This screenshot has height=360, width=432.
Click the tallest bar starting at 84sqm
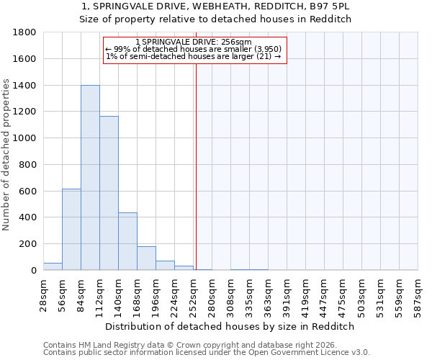pyautogui.click(x=90, y=178)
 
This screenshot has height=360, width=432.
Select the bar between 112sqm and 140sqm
pyautogui.click(x=109, y=193)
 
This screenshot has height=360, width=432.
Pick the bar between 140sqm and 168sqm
pyautogui.click(x=127, y=241)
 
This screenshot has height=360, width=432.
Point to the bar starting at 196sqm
pyautogui.click(x=165, y=265)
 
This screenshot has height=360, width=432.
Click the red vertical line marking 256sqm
pyautogui.click(x=196, y=180)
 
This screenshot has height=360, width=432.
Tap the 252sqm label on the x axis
pyautogui.click(x=193, y=294)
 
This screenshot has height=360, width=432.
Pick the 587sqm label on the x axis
pyautogui.click(x=418, y=294)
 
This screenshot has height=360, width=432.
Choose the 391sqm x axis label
pyautogui.click(x=287, y=294)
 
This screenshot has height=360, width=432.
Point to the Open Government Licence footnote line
pyautogui.click(x=207, y=352)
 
